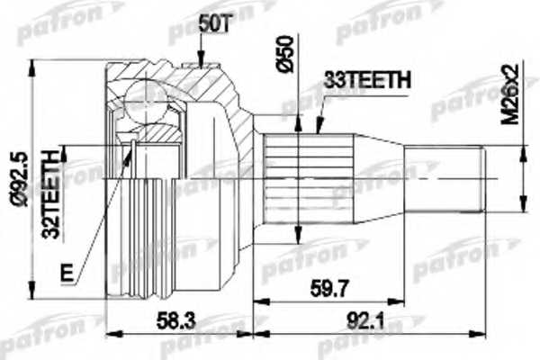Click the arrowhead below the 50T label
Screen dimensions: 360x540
(199, 63)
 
